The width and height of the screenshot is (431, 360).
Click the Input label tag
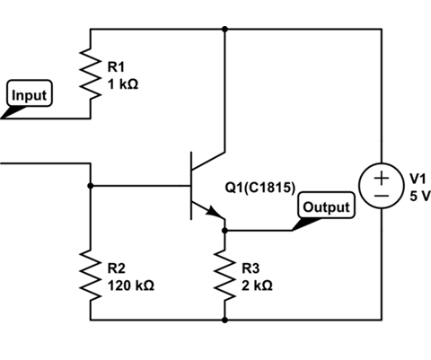pos(30,94)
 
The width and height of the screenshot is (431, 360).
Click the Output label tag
pos(327,206)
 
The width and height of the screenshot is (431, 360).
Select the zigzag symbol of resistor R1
pos(91,73)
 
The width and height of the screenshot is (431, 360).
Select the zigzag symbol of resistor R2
pos(91,275)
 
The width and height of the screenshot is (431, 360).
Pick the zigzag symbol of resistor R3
pos(224,275)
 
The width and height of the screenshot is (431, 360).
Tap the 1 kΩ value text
pos(123,83)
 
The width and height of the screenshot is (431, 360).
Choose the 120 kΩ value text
pos(130,285)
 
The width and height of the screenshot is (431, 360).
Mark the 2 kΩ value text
pos(257,285)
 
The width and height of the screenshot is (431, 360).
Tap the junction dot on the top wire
pos(224,29)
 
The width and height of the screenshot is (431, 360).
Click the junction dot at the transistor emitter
pos(224,231)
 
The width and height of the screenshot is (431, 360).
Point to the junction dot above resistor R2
pos(91,186)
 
